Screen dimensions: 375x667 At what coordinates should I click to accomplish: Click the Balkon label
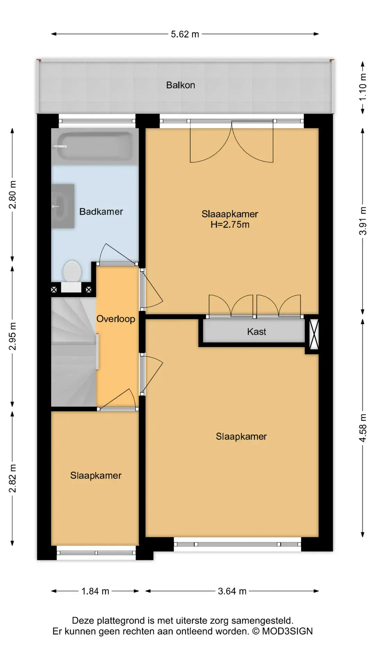click(181, 85)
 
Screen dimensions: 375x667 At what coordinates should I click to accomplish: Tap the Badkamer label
click(101, 212)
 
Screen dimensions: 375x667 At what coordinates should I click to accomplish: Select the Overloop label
click(116, 319)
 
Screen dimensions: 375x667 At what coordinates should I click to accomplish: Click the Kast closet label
click(257, 332)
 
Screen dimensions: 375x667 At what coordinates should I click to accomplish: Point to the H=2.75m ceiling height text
click(230, 224)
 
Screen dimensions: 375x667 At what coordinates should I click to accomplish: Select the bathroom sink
click(63, 206)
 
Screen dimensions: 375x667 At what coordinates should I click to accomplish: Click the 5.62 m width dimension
click(185, 34)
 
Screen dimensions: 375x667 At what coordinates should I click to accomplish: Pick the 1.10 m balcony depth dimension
click(362, 87)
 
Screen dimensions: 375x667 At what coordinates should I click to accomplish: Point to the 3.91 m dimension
click(362, 221)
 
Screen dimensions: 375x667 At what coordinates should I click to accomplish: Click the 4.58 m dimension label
click(362, 428)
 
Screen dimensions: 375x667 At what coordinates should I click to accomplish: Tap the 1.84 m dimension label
click(95, 591)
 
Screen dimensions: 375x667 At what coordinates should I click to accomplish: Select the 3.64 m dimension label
click(232, 591)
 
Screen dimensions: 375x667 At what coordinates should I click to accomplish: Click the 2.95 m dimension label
click(12, 336)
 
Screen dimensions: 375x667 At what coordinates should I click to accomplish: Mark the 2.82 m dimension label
click(12, 478)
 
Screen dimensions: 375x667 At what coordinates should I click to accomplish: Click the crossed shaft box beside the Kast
click(314, 334)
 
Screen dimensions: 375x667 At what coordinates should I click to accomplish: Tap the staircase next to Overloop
click(74, 352)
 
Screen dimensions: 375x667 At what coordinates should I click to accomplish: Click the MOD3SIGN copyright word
click(287, 631)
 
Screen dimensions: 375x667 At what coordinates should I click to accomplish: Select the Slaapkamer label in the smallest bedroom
click(96, 476)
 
